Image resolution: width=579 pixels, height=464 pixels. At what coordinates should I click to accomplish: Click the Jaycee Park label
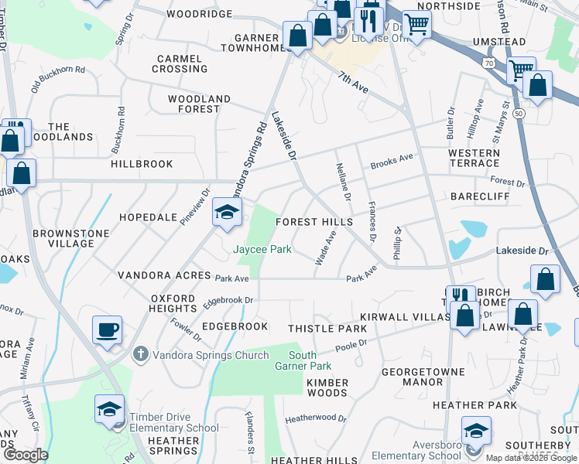[263, 249]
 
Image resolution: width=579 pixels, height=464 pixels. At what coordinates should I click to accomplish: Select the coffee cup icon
[108, 330]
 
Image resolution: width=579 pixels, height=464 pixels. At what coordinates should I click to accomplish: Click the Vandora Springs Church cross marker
[139, 355]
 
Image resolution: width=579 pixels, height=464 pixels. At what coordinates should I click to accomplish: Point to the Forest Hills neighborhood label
[315, 222]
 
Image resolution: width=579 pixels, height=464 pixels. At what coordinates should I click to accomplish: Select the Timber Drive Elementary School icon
[109, 409]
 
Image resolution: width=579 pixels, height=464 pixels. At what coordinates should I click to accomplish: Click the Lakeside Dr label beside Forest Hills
[283, 136]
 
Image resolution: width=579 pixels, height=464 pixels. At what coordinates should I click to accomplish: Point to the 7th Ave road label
[352, 81]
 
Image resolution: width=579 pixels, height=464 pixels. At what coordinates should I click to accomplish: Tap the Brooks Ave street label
[392, 162]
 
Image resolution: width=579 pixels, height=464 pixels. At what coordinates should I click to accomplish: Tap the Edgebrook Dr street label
[228, 299]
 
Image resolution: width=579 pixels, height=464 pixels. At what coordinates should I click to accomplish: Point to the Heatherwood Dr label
[316, 418]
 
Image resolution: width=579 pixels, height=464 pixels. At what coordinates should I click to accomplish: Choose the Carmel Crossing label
[180, 63]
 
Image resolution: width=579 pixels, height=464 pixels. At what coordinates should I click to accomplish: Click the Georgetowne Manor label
[412, 377]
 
